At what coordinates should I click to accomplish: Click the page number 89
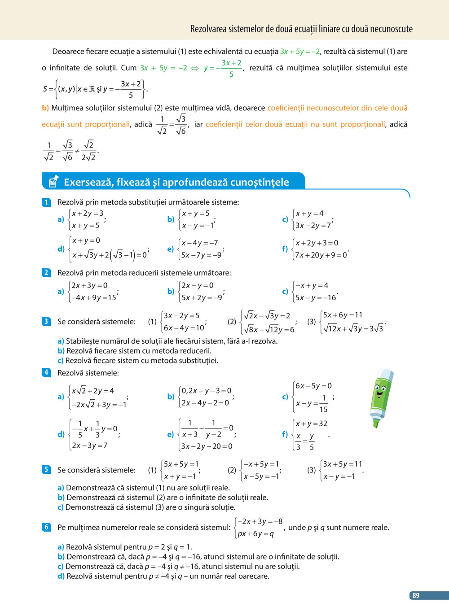coord(416,595)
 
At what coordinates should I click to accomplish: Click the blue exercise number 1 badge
coord(46,202)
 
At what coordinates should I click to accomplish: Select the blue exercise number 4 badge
coord(46,372)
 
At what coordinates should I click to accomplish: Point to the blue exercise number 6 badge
coord(46,527)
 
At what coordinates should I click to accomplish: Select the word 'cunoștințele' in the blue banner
coord(260,182)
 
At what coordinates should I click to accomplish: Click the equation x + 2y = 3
coord(88,214)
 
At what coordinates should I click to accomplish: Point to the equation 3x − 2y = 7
coord(313,225)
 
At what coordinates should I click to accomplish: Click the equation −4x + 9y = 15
coord(93,297)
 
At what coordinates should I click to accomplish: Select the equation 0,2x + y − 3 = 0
coord(206,391)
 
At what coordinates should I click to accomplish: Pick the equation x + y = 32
coord(311,424)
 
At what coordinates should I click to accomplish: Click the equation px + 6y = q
coord(255,534)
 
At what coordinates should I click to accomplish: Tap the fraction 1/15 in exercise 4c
coord(323,403)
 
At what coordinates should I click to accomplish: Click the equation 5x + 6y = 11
coord(343,315)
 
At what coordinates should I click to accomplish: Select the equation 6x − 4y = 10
coord(184,328)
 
